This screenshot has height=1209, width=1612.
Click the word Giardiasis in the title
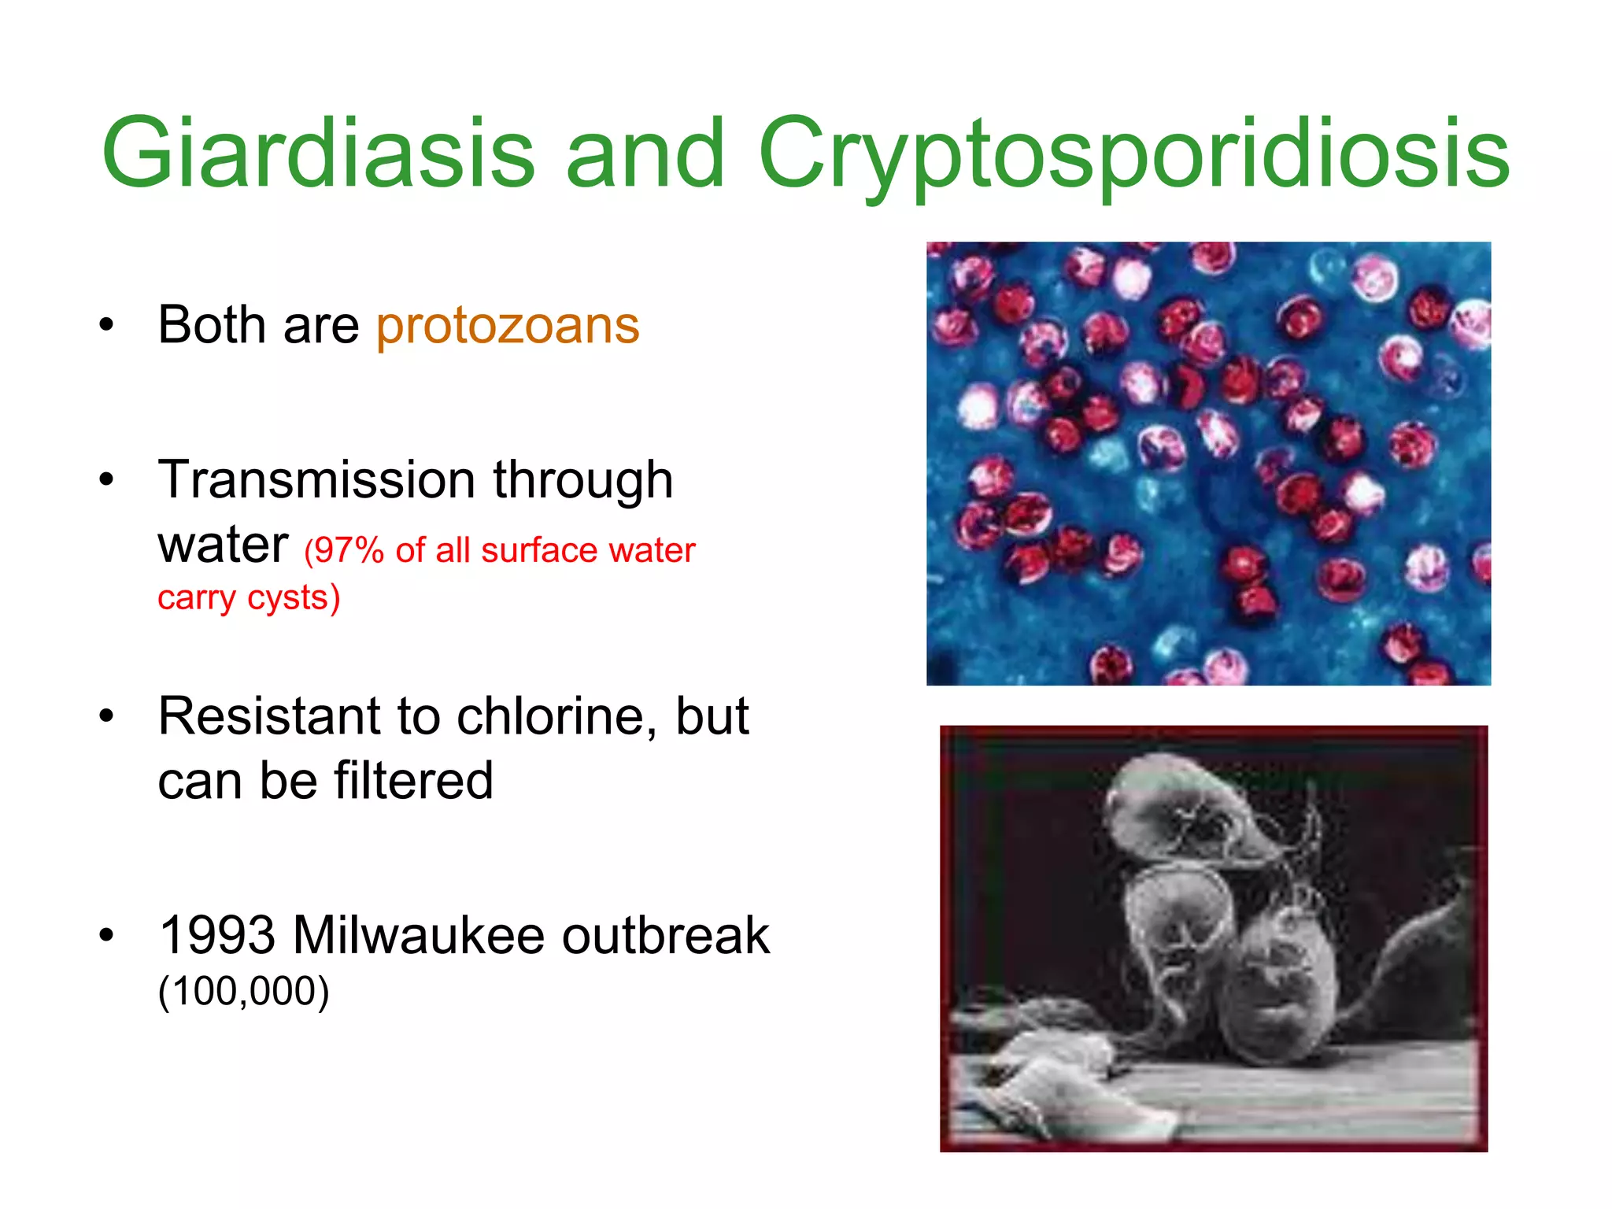(x=318, y=153)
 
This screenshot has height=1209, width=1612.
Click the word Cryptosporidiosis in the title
(x=1133, y=153)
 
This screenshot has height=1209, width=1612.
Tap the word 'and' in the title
(x=645, y=153)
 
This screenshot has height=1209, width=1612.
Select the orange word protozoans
(x=508, y=325)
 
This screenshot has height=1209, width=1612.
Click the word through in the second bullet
(x=582, y=481)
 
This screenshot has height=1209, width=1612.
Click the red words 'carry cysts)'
(x=249, y=598)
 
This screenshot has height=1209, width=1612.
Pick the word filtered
(x=413, y=781)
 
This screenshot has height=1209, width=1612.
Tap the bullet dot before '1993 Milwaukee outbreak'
(x=106, y=935)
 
